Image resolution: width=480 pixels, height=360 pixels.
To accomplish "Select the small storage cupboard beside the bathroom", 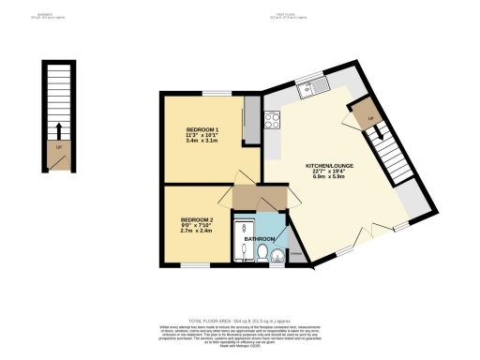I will (x=295, y=252).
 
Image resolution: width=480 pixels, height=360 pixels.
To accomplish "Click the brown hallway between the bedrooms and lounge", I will (x=254, y=198).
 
